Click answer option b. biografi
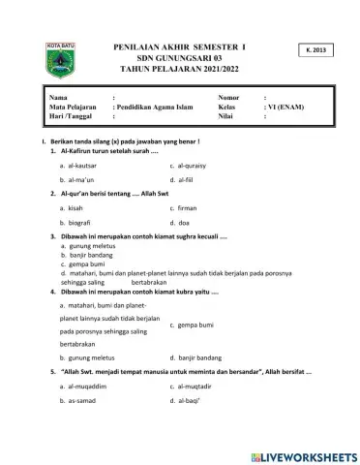77,222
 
